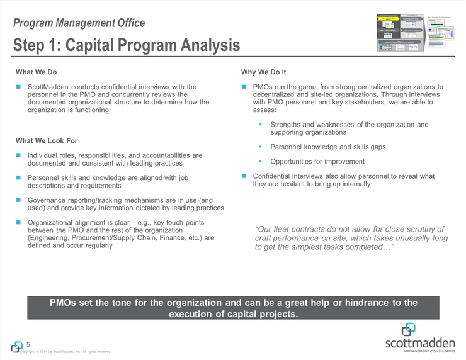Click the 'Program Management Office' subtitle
[79, 23]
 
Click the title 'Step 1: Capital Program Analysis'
[126, 45]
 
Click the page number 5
[29, 344]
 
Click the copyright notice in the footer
[65, 351]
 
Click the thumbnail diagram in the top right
[418, 31]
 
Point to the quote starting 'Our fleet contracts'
[351, 238]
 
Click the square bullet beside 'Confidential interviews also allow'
[244, 176]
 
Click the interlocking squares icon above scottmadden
[409, 329]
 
